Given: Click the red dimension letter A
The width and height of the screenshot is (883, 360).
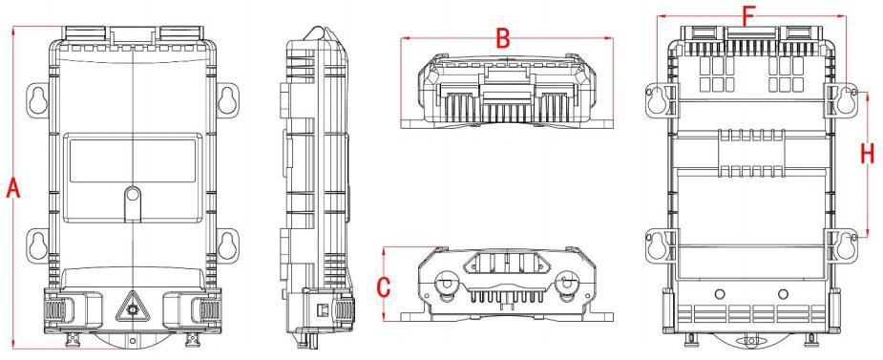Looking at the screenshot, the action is click(x=13, y=187).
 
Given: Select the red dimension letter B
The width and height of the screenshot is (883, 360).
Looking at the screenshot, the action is click(x=503, y=39).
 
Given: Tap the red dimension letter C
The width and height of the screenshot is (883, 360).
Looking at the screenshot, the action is click(x=384, y=286).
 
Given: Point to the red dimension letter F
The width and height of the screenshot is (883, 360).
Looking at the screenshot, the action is click(x=747, y=16).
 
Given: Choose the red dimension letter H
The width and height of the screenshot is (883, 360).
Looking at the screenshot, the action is click(x=867, y=153).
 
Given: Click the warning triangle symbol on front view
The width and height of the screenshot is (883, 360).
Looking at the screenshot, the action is click(x=133, y=307).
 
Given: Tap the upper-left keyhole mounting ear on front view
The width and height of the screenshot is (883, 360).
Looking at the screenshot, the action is click(x=38, y=99).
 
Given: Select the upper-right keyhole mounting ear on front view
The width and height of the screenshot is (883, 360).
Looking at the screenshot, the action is click(x=228, y=99).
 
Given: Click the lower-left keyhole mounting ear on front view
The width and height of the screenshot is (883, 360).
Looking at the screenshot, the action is click(x=38, y=246).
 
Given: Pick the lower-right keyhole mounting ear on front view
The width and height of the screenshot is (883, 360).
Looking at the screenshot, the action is click(x=228, y=246).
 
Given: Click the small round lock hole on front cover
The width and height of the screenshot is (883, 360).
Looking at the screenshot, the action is click(x=133, y=195).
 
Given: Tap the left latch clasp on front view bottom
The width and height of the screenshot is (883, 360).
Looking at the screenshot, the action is click(x=58, y=310).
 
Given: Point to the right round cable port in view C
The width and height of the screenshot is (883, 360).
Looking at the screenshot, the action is click(x=566, y=286).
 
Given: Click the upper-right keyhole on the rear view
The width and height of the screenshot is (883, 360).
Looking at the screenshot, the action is click(x=845, y=100).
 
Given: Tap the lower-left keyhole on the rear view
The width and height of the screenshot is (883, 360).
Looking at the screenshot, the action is click(x=657, y=245).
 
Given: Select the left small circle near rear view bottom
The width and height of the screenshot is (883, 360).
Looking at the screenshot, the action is click(x=719, y=293).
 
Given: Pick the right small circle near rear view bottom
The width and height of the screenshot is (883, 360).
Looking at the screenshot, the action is click(x=783, y=293).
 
